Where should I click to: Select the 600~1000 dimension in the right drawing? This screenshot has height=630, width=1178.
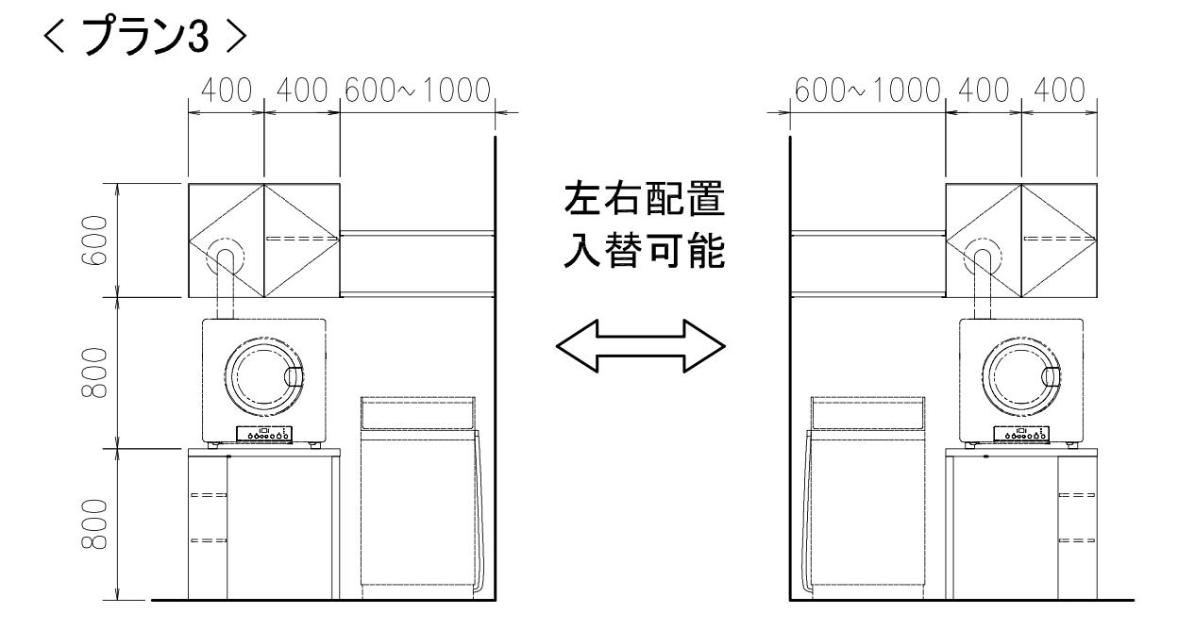(868, 91)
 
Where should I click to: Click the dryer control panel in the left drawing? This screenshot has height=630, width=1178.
(264, 436)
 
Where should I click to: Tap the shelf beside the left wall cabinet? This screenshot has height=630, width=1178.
(417, 263)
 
